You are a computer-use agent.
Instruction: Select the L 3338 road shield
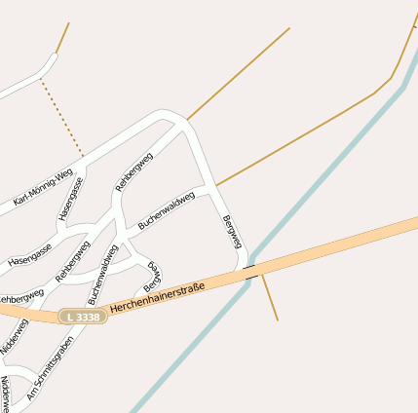[x=81, y=317]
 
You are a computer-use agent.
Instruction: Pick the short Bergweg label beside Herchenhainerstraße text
[x=152, y=277]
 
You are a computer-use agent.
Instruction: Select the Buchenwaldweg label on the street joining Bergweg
[x=167, y=209]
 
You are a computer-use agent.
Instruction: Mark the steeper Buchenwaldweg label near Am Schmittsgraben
[x=102, y=275]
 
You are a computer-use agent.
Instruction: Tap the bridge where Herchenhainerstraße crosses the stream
[x=251, y=271]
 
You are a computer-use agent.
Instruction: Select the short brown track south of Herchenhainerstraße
[x=270, y=298]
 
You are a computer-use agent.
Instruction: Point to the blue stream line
[x=322, y=175]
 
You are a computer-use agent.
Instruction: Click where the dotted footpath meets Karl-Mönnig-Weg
[x=84, y=156]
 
